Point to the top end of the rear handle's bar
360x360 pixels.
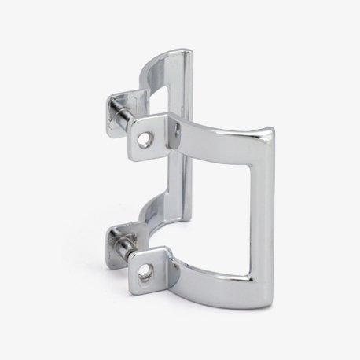pyautogui.click(x=186, y=52)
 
